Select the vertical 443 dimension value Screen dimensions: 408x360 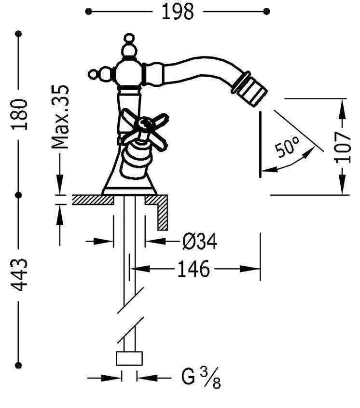pyautogui.click(x=19, y=275)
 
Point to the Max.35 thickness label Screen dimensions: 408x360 pyautogui.click(x=61, y=117)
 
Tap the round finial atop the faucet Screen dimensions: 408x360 pyautogui.click(x=129, y=40)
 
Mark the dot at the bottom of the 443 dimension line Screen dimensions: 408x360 pyautogui.click(x=19, y=365)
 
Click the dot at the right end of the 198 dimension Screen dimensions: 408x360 pyautogui.click(x=267, y=11)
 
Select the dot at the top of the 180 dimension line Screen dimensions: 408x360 pyautogui.click(x=19, y=34)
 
